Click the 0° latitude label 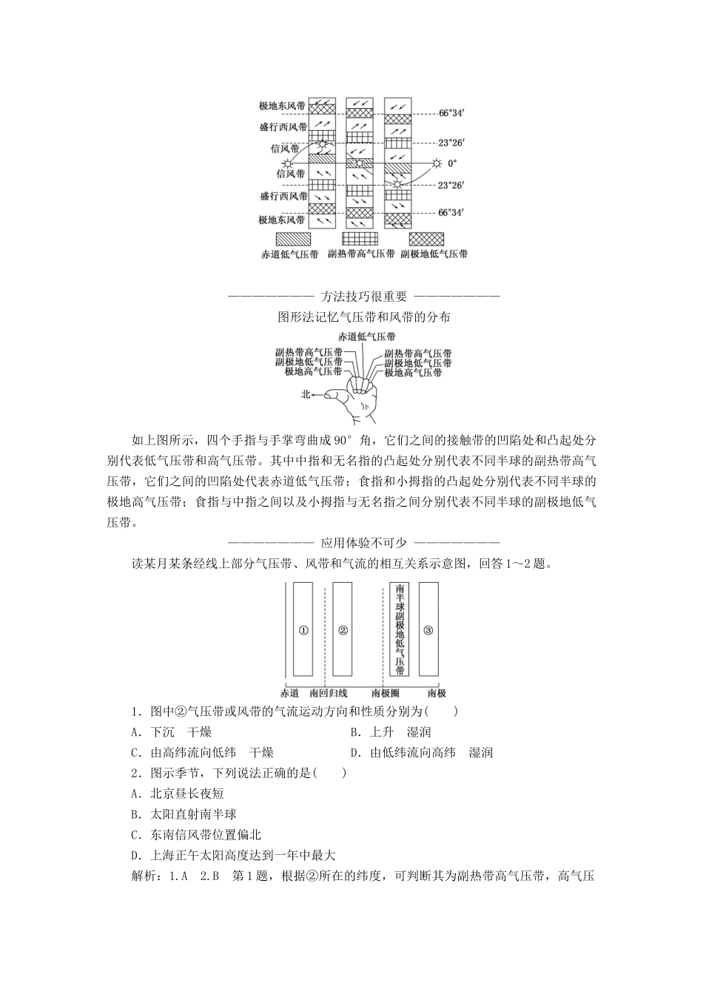452,163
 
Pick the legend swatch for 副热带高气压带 360,239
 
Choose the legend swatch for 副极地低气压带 427,239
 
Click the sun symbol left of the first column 287,163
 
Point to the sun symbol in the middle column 360,163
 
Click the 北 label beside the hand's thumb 306,395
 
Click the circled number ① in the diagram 303,629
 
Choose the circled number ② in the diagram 343,629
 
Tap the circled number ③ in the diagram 428,629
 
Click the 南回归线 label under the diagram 329,693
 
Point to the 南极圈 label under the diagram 386,693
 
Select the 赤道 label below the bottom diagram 289,693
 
